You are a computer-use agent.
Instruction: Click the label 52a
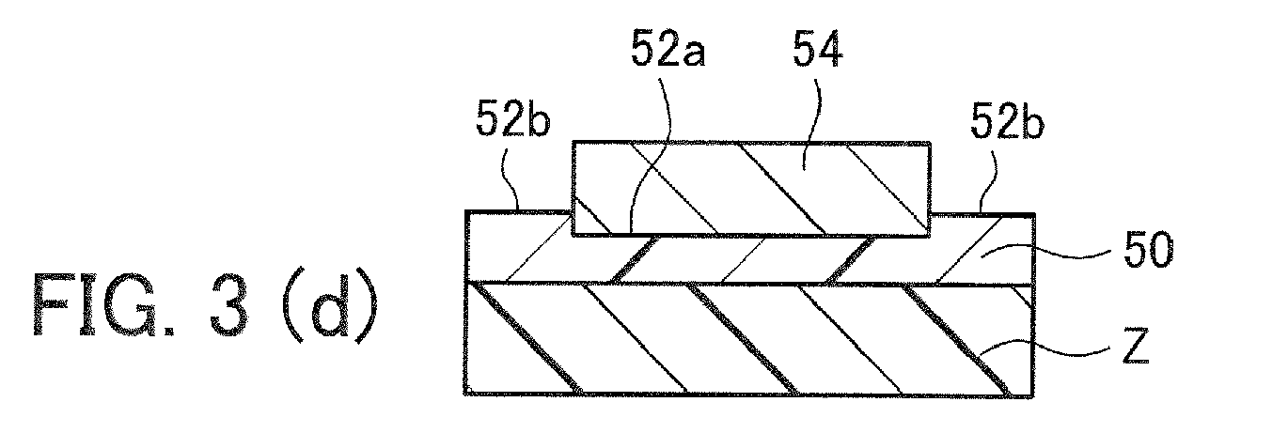668,49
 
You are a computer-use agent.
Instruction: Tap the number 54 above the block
818,49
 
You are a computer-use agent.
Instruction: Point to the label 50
1148,251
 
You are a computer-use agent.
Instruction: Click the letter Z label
1136,347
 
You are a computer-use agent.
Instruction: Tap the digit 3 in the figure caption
228,304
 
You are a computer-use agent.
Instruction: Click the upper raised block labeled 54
750,189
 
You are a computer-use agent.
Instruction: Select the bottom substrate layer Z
748,339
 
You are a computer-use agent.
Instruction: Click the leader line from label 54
815,120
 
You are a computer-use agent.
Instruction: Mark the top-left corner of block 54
573,142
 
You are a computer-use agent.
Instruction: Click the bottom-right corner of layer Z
1033,395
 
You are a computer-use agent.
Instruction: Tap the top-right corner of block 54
929,142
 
